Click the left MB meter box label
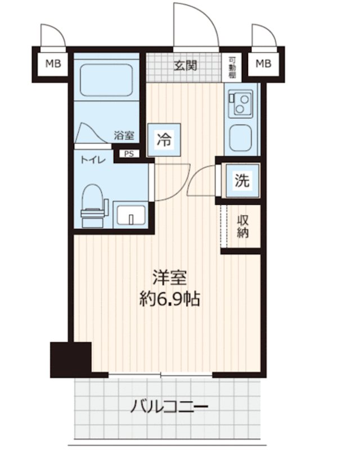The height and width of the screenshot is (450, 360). [53, 64]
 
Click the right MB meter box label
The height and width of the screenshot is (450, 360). [264, 64]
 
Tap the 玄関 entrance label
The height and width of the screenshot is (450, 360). [185, 66]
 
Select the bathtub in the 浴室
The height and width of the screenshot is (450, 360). [106, 80]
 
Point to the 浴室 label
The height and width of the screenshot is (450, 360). [124, 135]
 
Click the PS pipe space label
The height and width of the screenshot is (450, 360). [129, 154]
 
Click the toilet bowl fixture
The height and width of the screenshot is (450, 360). [93, 205]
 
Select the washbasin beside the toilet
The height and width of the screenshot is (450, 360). [131, 215]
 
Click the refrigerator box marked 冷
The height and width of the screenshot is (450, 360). [164, 139]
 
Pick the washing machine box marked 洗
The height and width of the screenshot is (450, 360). [242, 181]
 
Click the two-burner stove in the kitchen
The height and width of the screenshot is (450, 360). [241, 104]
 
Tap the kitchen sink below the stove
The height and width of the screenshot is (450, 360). [241, 138]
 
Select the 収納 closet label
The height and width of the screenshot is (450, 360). [242, 227]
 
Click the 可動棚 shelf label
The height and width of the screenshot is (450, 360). [232, 67]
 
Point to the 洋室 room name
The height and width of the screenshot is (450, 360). [170, 277]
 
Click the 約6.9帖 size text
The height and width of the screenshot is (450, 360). [170, 299]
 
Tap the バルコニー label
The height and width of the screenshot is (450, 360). [169, 406]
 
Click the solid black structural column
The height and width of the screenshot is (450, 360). [71, 359]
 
